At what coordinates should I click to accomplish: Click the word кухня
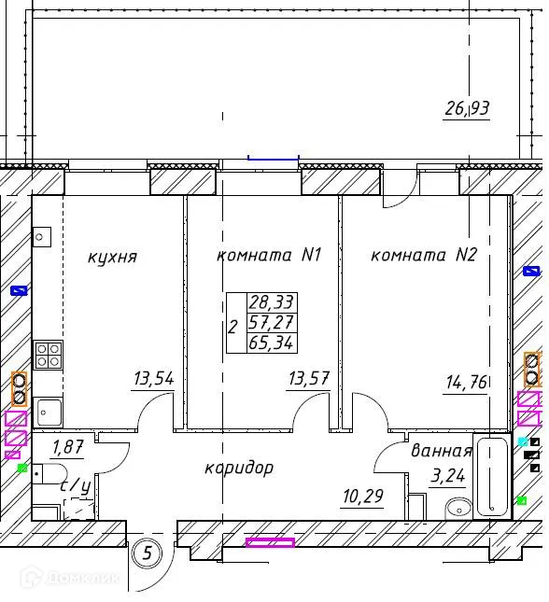(x=113, y=258)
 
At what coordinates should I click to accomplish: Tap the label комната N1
(x=269, y=255)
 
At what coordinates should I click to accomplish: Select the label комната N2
(x=423, y=255)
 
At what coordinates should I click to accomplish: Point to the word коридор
(x=239, y=468)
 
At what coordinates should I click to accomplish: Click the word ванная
(x=441, y=451)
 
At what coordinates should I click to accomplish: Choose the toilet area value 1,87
(x=67, y=447)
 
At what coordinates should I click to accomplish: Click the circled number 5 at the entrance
(x=148, y=554)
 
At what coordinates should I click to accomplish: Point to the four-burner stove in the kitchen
(x=49, y=355)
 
